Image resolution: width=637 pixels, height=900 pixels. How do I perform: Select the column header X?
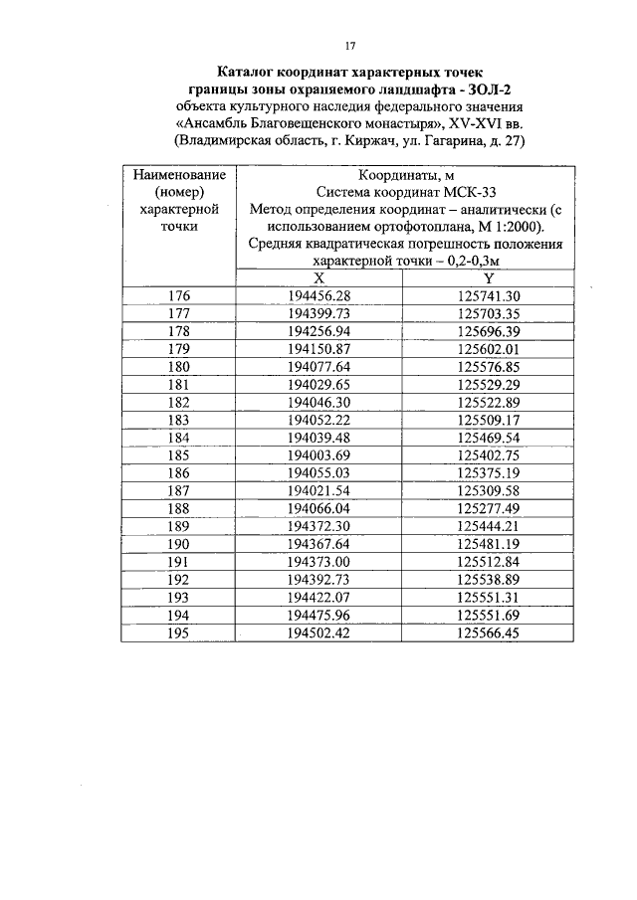pyautogui.click(x=318, y=278)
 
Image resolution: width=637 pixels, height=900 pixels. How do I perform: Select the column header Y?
pyautogui.click(x=489, y=278)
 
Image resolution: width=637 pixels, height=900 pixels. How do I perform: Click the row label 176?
pyautogui.click(x=178, y=296)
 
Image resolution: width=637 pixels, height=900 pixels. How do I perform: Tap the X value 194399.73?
pyautogui.click(x=318, y=313)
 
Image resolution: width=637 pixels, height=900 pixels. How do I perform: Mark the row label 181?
pyautogui.click(x=178, y=384)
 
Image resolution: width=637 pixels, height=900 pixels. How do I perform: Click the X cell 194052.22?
pyautogui.click(x=318, y=419)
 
